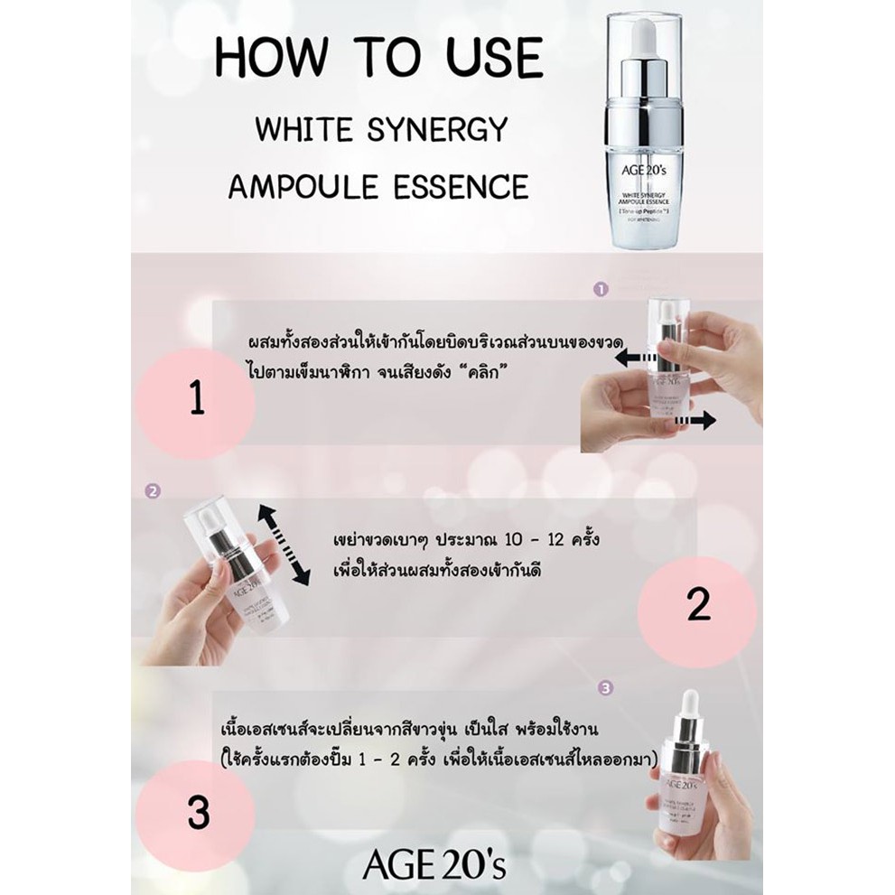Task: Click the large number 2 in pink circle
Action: tap(699, 607)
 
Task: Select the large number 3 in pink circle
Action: tap(198, 813)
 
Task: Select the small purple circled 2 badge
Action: tap(153, 492)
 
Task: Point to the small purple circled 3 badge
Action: tap(605, 687)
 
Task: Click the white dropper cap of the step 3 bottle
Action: tap(689, 708)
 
